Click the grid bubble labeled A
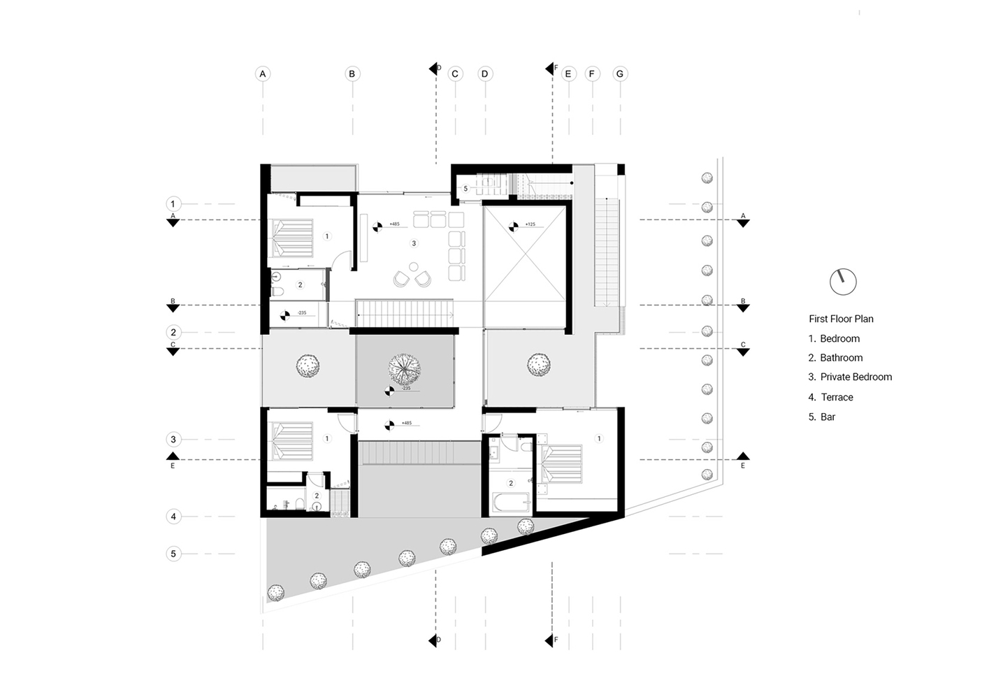[263, 73]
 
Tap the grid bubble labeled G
[620, 73]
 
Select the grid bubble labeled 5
[173, 554]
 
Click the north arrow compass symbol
[843, 282]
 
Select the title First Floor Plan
[841, 319]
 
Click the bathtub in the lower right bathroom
[510, 503]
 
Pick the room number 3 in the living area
[414, 243]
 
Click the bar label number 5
[465, 189]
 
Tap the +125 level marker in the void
[514, 226]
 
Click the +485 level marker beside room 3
[377, 226]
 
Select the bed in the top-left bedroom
[292, 237]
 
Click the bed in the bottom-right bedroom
[563, 464]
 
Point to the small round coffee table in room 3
[413, 266]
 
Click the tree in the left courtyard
[307, 364]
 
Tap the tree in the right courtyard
[538, 363]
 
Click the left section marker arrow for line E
[173, 456]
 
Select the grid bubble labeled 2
[173, 332]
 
